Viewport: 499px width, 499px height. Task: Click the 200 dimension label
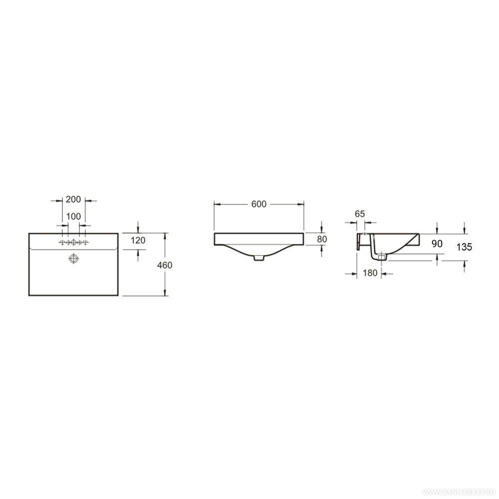(73, 200)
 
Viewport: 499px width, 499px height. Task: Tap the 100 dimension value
(73, 217)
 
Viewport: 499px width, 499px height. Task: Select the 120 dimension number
(138, 241)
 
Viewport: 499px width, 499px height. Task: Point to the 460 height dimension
(165, 265)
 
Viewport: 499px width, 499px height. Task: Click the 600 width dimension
(258, 204)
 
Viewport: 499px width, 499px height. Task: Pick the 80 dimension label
(322, 240)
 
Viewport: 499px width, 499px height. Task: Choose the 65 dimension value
(360, 214)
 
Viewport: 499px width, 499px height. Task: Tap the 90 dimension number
(437, 244)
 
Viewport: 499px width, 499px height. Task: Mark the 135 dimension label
(464, 247)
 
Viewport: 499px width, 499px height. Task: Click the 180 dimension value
(370, 273)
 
